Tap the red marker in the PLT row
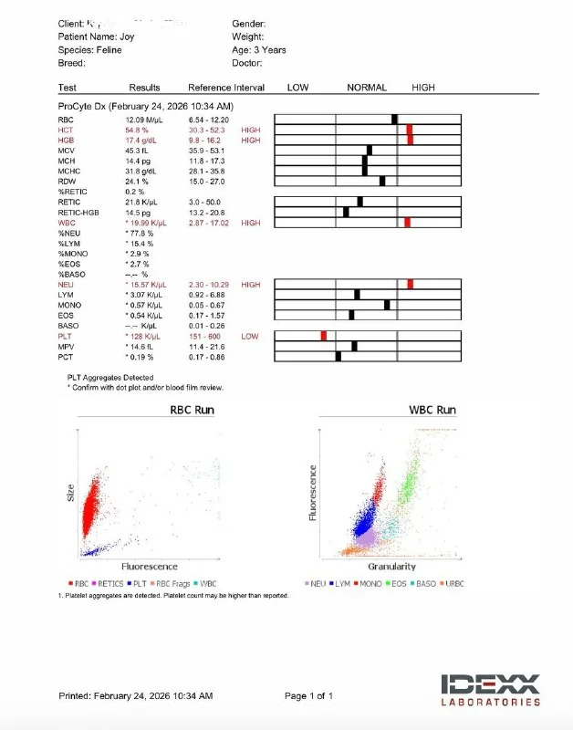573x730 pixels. click(323, 336)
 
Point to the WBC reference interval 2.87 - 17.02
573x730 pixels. click(208, 223)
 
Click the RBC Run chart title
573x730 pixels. click(193, 410)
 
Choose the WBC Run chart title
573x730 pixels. click(433, 410)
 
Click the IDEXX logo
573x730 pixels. click(491, 689)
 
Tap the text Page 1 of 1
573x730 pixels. click(308, 696)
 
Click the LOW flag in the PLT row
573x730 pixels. click(249, 336)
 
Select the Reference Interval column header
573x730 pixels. click(225, 88)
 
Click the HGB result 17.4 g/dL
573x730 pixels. click(142, 140)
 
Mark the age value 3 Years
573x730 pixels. click(271, 50)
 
